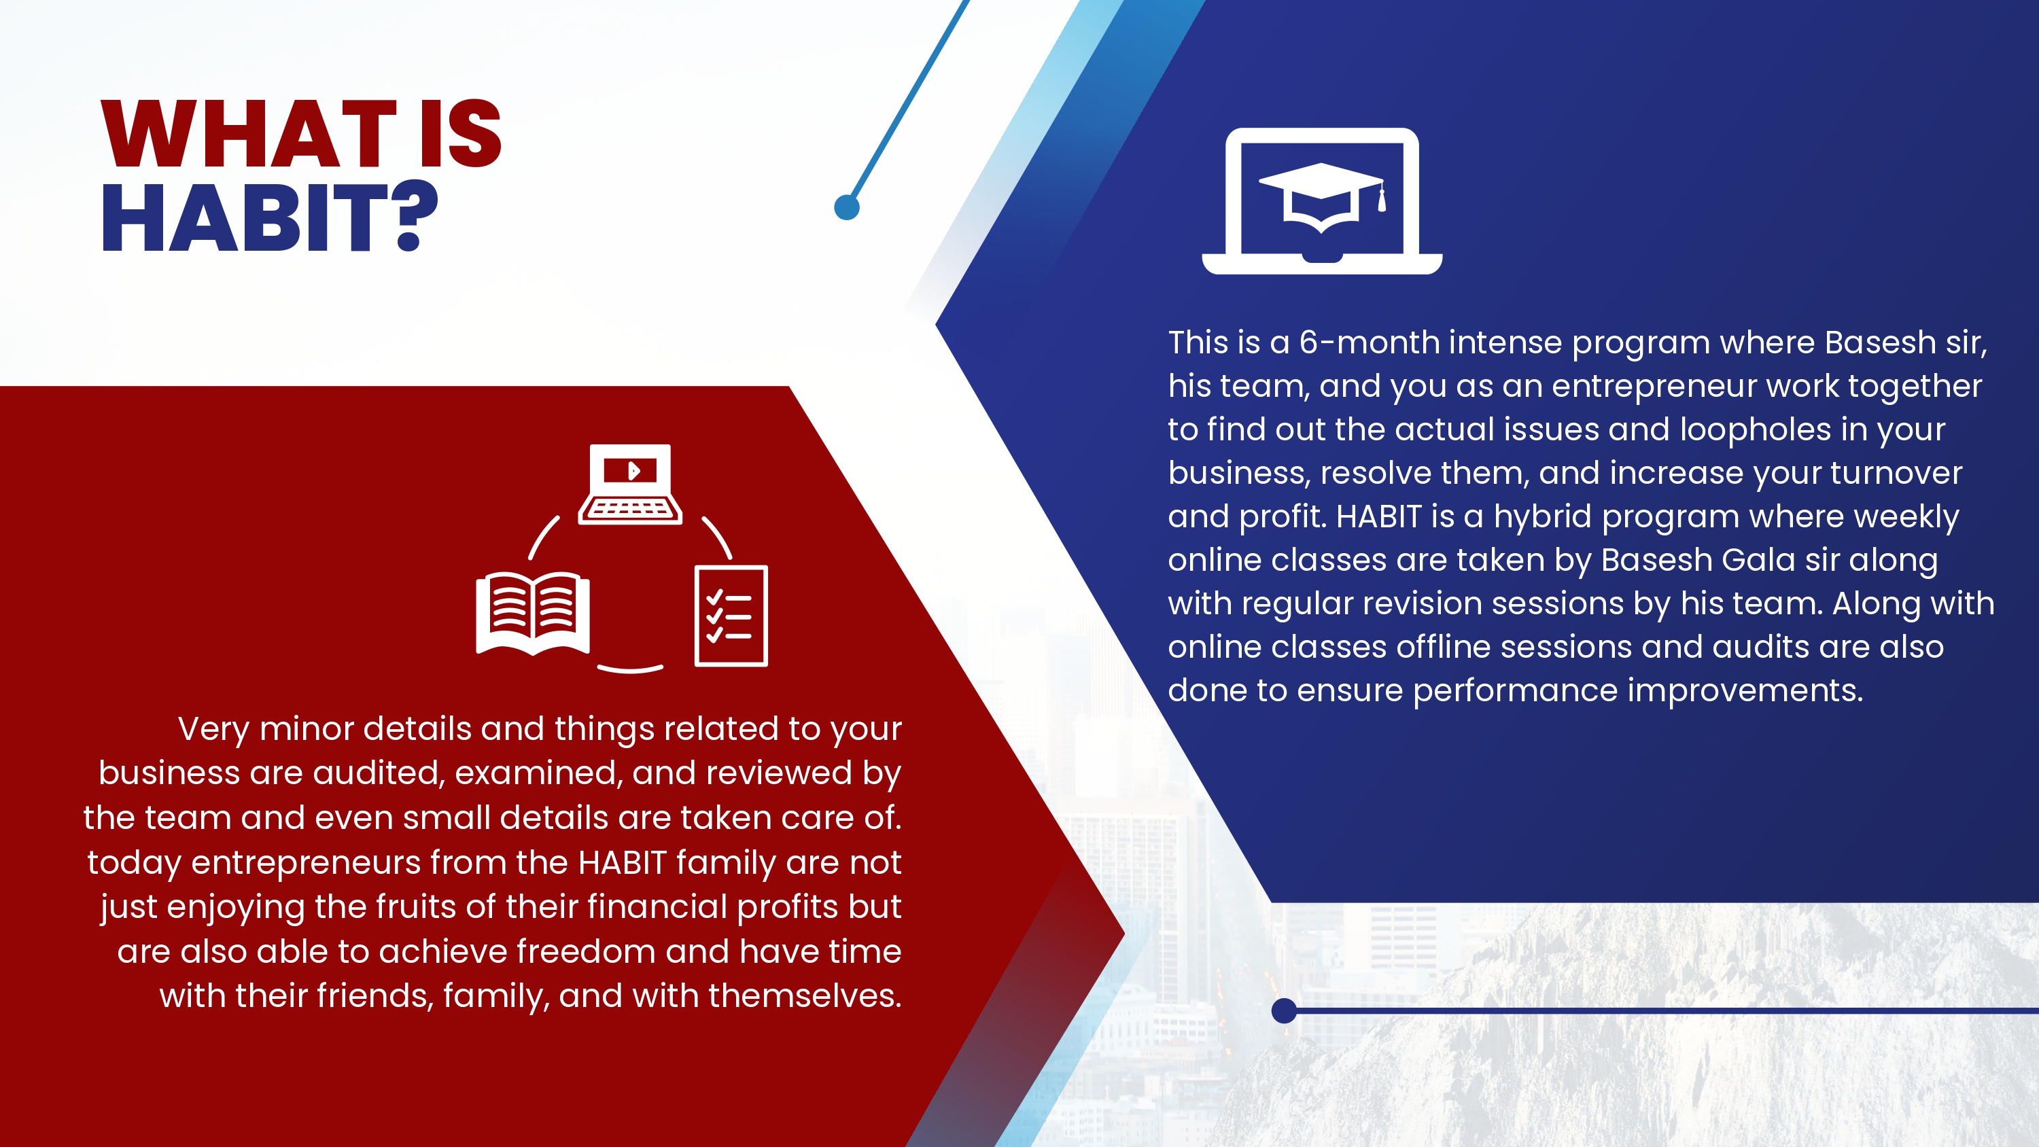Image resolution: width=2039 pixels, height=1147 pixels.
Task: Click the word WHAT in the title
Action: (x=249, y=134)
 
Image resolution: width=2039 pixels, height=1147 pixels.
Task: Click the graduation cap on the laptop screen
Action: (x=1321, y=198)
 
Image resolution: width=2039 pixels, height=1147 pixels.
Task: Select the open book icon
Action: (x=533, y=614)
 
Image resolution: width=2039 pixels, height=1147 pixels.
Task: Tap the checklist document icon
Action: (x=731, y=616)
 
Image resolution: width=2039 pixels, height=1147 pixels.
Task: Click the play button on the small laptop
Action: (x=633, y=471)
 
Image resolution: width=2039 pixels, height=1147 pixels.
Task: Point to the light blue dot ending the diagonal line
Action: (x=847, y=207)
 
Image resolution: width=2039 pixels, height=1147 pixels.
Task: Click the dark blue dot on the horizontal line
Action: (x=1284, y=1011)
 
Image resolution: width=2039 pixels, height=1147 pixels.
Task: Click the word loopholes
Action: (x=1756, y=430)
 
